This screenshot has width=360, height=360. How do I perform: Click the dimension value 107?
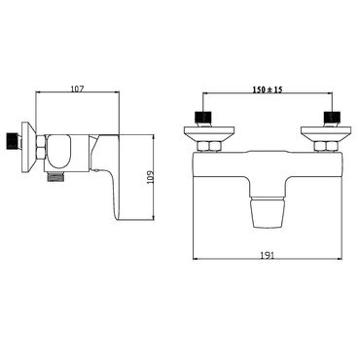click(79, 89)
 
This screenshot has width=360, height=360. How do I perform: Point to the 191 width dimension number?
click(269, 254)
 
